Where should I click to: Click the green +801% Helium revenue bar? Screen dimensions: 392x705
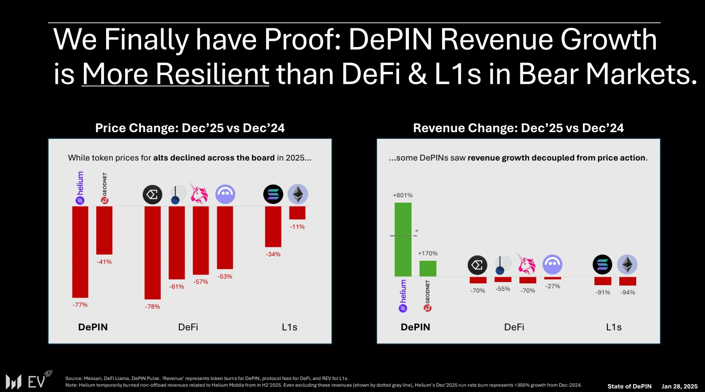pos(403,239)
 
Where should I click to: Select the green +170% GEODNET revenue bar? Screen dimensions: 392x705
pos(428,269)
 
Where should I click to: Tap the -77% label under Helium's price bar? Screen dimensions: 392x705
pos(80,305)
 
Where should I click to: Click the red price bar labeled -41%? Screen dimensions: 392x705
pos(104,230)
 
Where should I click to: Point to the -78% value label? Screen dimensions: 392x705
pos(152,307)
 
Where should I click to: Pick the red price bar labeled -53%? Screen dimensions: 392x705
pos(225,237)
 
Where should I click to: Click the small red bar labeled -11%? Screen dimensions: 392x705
pos(297,213)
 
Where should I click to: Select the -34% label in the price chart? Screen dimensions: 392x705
pos(273,255)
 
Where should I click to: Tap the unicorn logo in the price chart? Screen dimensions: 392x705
pos(199,194)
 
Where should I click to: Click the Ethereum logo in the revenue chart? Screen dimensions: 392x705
pos(627,265)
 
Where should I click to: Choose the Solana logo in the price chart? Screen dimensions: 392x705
pos(273,194)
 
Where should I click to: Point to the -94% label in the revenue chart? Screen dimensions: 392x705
pos(628,293)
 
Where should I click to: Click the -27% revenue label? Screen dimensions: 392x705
pos(553,286)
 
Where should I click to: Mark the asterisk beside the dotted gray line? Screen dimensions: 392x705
pos(416,231)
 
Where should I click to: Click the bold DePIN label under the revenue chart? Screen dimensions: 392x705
pos(416,327)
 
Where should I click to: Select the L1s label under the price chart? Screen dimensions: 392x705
pos(289,327)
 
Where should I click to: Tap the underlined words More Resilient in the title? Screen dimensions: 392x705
pos(175,74)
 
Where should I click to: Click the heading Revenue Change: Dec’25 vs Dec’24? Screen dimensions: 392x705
pos(518,128)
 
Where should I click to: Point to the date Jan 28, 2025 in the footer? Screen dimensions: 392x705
pos(679,386)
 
